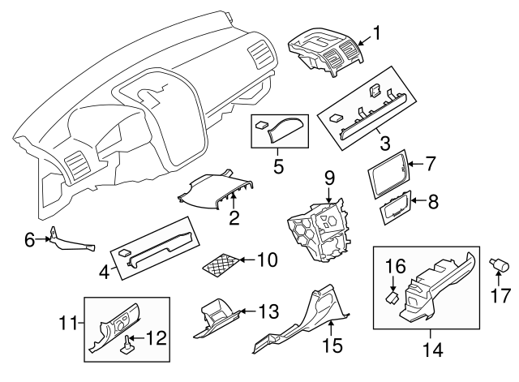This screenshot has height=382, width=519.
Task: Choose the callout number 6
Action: click(29, 239)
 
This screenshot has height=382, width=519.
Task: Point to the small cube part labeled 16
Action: click(392, 297)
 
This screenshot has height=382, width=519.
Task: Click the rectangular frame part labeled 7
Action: click(388, 175)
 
